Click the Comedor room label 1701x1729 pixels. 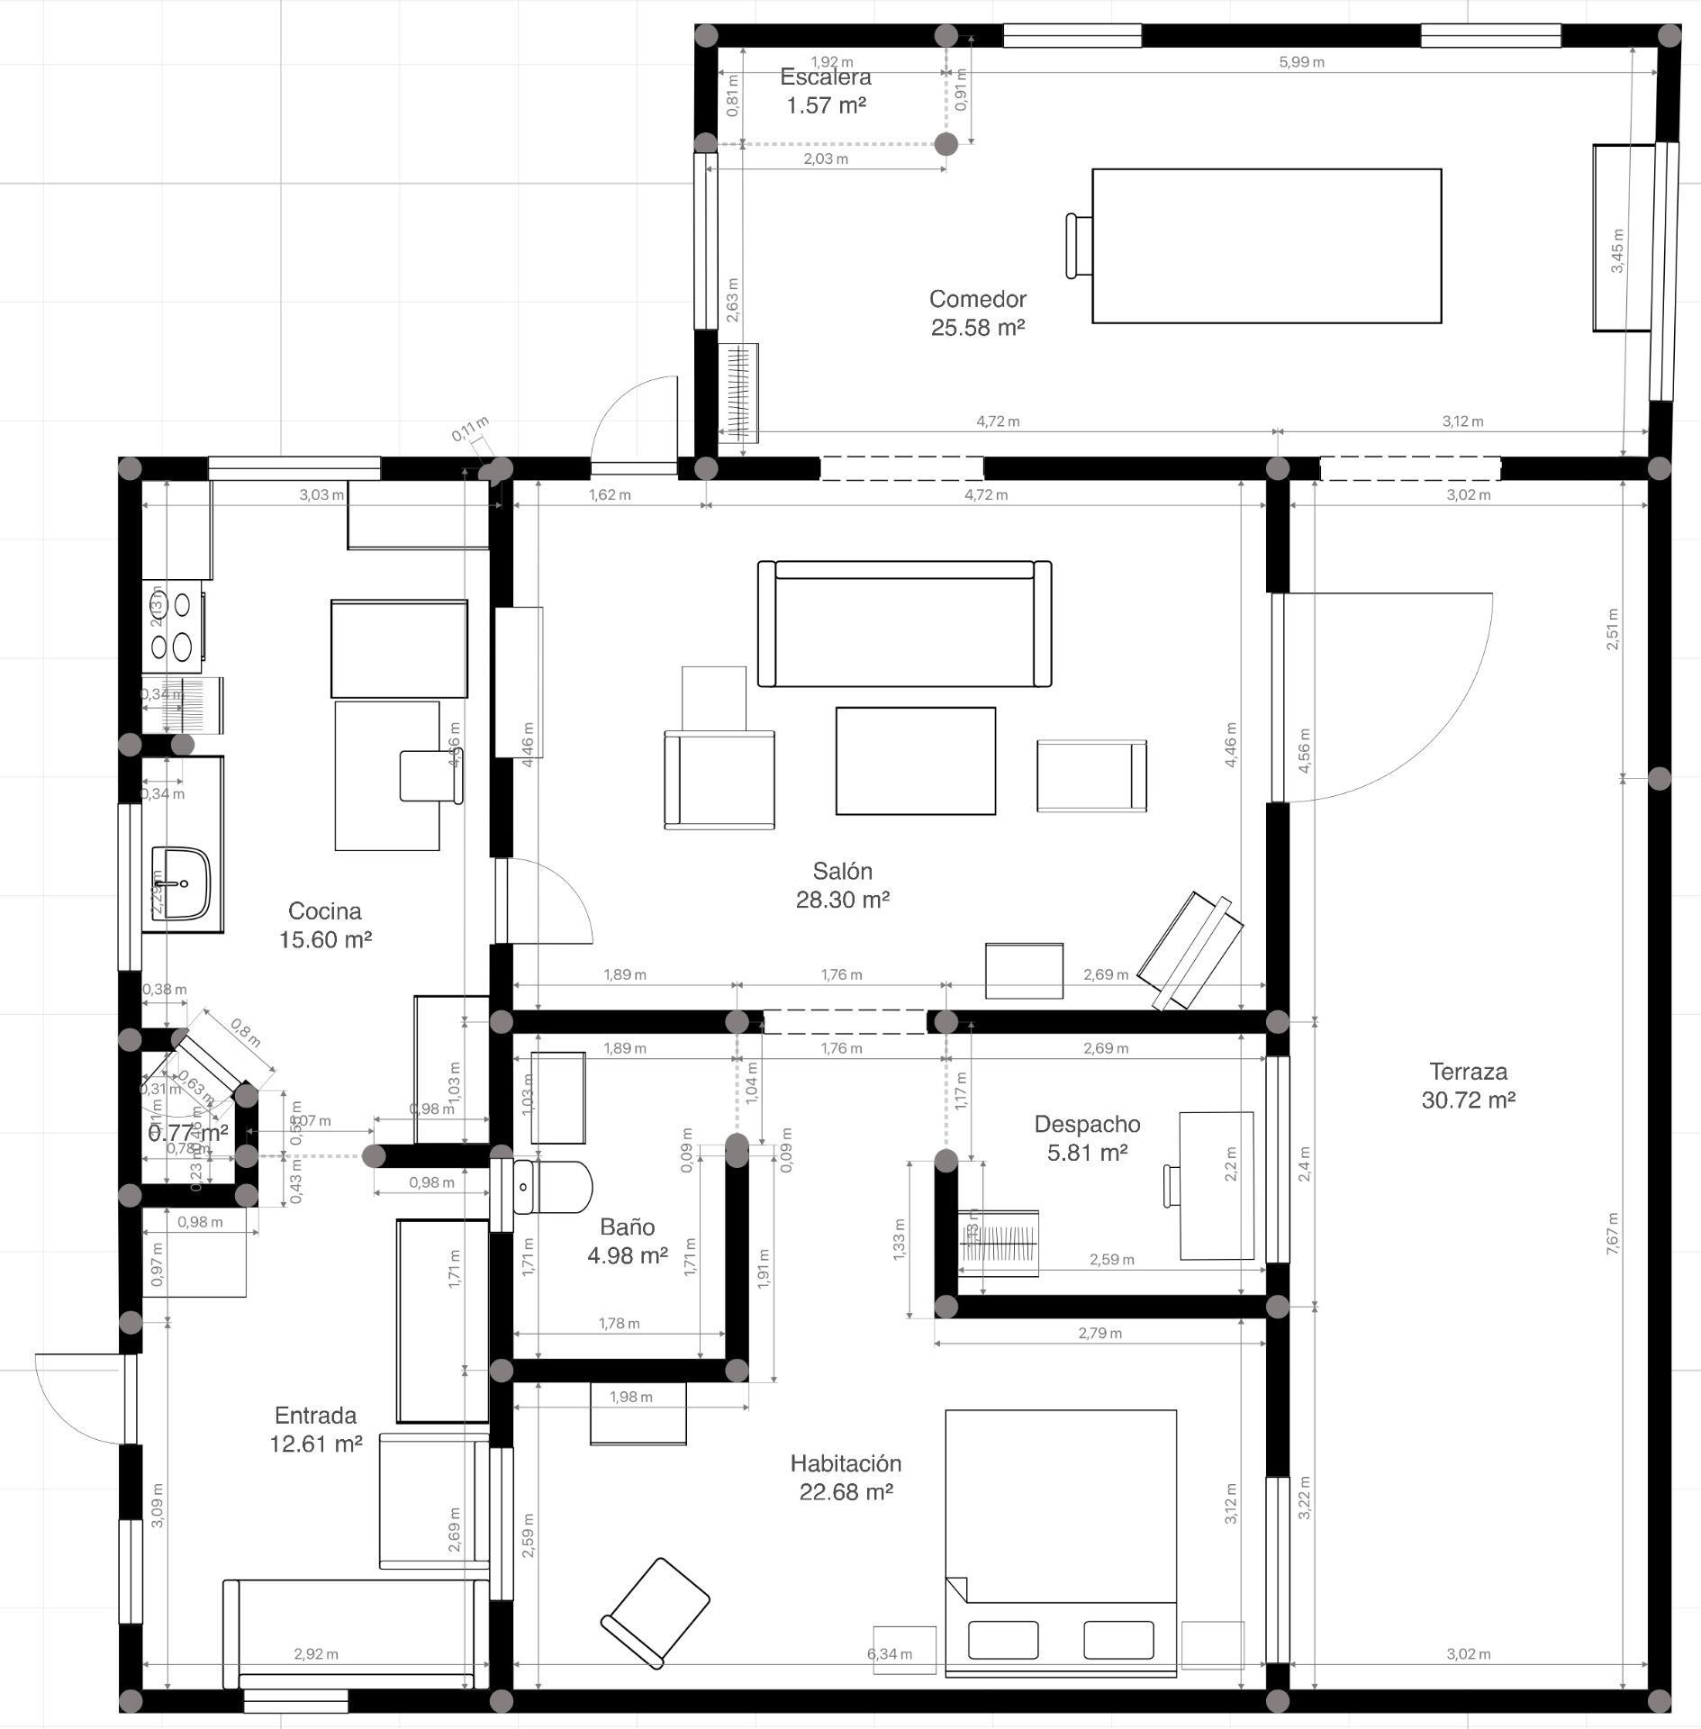coord(977,299)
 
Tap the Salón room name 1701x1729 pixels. coord(842,871)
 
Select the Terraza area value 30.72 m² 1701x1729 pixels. coord(1468,1100)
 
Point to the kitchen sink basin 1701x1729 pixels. coord(181,883)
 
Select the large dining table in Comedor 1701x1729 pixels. coord(1266,245)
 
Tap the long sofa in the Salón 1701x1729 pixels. coord(904,623)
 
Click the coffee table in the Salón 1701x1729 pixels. coord(915,760)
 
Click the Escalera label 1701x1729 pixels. coord(826,77)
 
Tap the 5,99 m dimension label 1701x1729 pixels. coord(1301,62)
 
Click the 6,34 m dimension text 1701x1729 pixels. coord(889,1653)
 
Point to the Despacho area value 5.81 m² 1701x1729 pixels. coord(1087,1152)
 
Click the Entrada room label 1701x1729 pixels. coord(315,1415)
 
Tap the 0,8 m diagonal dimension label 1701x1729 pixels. coord(245,1033)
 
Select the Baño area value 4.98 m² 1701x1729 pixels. coord(627,1254)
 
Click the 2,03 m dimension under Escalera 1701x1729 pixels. coord(825,159)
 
